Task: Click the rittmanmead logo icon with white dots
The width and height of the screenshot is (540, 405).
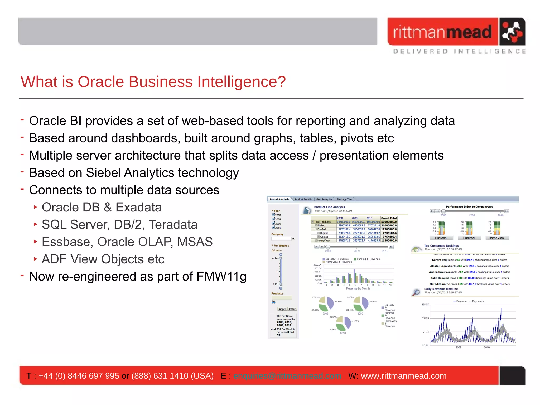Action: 512,32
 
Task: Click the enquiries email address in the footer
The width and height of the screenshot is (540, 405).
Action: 287,376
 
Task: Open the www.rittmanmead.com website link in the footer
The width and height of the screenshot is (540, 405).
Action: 403,376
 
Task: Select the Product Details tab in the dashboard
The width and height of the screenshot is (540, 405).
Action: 303,199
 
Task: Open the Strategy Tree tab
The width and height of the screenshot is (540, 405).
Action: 344,199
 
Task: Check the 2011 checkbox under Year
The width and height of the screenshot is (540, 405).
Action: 273,227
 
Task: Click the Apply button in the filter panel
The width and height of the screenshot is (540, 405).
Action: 282,309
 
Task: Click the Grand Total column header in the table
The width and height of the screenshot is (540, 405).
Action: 389,218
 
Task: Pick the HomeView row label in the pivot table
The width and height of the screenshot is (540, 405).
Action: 323,240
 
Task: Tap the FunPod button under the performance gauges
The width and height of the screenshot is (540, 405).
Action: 469,238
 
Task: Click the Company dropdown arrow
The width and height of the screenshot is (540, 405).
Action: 293,239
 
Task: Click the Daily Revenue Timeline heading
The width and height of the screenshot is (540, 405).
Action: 441,289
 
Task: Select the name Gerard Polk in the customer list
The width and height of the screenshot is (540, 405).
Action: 440,260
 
